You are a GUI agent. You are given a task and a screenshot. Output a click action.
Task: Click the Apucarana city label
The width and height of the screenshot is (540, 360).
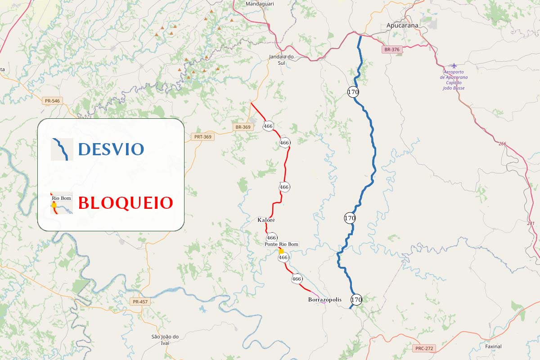[x=402, y=26]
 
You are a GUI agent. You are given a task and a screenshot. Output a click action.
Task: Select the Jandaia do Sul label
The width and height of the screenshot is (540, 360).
[x=281, y=59]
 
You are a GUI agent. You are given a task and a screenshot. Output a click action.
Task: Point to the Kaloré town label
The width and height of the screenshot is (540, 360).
[x=266, y=220]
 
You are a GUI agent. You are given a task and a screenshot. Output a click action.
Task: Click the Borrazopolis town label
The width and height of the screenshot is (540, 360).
[x=325, y=300]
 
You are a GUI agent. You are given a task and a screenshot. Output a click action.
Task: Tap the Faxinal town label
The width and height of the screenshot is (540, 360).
[x=493, y=346]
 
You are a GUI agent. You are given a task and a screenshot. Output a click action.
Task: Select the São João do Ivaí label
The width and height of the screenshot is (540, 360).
[x=165, y=340]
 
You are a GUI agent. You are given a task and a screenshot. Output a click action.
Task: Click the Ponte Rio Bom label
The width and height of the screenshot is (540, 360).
[x=281, y=244]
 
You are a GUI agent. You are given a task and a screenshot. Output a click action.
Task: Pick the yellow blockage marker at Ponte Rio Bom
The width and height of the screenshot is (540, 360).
[x=281, y=251]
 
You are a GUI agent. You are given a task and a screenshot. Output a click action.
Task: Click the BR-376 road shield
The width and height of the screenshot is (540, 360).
[x=392, y=50]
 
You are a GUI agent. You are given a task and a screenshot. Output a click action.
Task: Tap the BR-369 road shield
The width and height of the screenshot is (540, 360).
[x=243, y=127]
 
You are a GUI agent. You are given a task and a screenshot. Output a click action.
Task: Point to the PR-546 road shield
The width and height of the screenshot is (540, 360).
[x=53, y=101]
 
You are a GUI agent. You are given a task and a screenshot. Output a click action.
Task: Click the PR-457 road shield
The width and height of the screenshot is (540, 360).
[x=140, y=301]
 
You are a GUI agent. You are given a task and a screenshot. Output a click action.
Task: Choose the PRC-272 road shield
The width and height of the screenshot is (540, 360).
[x=424, y=348]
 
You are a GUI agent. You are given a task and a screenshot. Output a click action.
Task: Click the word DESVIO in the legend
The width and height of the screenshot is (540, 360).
[x=111, y=149]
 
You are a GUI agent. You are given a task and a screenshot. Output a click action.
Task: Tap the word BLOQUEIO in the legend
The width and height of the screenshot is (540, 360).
[x=126, y=203]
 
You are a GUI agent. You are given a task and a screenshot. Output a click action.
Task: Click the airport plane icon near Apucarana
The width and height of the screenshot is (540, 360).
[x=454, y=66]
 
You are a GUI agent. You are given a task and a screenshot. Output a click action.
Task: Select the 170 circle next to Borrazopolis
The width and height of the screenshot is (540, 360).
[x=356, y=299]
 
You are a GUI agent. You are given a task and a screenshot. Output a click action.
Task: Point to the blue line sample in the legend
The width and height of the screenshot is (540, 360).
[x=62, y=149]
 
